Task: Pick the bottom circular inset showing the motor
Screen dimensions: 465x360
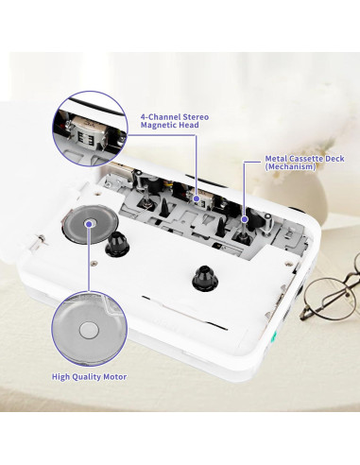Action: click(88, 327)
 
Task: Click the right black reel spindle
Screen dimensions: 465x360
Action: click(203, 279)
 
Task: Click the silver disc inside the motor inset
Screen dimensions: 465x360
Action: click(88, 329)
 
